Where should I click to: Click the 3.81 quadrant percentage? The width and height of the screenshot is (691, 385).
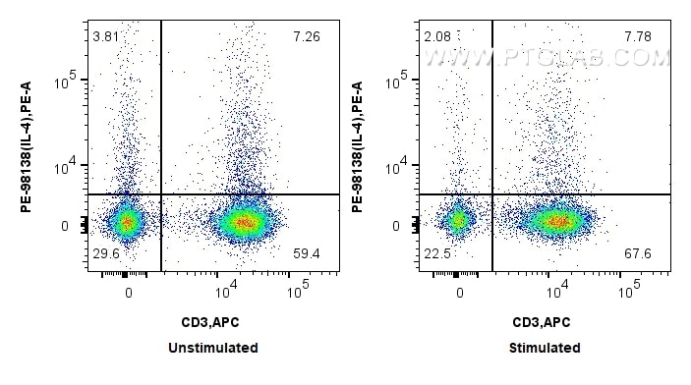point(104,37)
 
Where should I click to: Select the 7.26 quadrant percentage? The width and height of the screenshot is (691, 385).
point(306,37)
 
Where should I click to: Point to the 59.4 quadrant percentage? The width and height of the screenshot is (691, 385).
point(306,254)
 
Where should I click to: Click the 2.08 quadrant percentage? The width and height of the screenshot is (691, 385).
point(436,37)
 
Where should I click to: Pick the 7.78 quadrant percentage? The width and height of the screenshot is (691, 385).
point(639,37)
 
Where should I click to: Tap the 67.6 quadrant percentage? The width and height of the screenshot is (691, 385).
point(639,254)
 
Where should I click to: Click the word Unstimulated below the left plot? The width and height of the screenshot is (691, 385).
point(213,348)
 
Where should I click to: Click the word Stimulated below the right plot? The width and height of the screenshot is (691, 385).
point(545,348)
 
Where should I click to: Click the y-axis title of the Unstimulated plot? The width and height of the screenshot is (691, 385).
point(23,145)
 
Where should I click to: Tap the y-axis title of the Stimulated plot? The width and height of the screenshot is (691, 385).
point(355,145)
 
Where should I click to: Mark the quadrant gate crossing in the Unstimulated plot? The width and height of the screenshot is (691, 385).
point(160,194)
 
